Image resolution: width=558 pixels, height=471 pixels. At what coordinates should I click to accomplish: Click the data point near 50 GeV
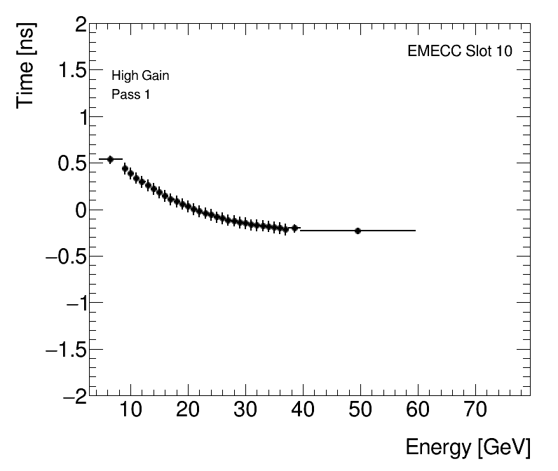[358, 231]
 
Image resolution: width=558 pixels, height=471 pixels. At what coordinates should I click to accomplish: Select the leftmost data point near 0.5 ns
[110, 159]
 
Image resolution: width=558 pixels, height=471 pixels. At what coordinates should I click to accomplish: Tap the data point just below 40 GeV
[295, 228]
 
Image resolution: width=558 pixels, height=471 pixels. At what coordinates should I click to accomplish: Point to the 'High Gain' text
[140, 76]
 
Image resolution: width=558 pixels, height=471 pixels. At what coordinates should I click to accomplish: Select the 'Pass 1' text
[130, 95]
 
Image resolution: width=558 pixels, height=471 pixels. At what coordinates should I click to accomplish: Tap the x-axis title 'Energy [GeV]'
[468, 447]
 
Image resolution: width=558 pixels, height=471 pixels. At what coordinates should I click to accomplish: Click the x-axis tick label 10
[131, 411]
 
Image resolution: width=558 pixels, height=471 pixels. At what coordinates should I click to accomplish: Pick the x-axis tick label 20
[188, 411]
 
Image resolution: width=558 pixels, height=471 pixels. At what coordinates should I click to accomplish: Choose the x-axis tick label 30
[245, 411]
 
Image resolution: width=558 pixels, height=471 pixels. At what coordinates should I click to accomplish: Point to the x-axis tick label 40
[303, 411]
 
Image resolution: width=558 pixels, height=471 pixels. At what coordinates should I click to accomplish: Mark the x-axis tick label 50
[360, 411]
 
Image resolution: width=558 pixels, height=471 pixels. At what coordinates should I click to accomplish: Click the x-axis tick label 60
[418, 411]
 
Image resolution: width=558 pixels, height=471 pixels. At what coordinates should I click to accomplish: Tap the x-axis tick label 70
[475, 411]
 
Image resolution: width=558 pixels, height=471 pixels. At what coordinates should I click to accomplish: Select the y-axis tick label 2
[81, 26]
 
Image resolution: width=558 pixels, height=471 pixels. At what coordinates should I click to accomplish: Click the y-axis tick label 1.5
[72, 72]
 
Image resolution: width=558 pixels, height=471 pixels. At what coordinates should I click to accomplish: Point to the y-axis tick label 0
[81, 210]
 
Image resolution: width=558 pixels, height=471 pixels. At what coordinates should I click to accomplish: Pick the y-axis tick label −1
[74, 303]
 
